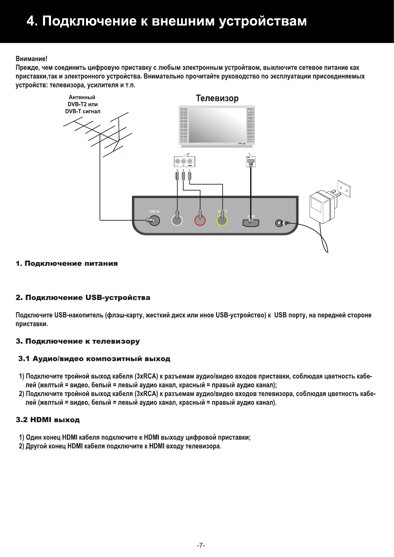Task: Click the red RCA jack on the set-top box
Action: [200, 220]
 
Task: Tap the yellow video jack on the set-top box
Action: [222, 220]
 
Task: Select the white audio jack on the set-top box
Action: [177, 220]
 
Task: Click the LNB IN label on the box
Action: [154, 212]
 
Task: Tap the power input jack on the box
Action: [280, 224]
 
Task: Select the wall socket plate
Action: [344, 188]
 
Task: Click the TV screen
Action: [217, 124]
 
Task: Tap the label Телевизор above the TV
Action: [217, 98]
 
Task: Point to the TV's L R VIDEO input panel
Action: [184, 162]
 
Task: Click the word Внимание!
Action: [31, 59]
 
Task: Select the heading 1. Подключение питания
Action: [66, 264]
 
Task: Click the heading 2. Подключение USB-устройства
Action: [83, 298]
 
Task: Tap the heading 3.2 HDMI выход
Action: [48, 420]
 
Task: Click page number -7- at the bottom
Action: [201, 545]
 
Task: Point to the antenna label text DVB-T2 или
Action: [82, 104]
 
